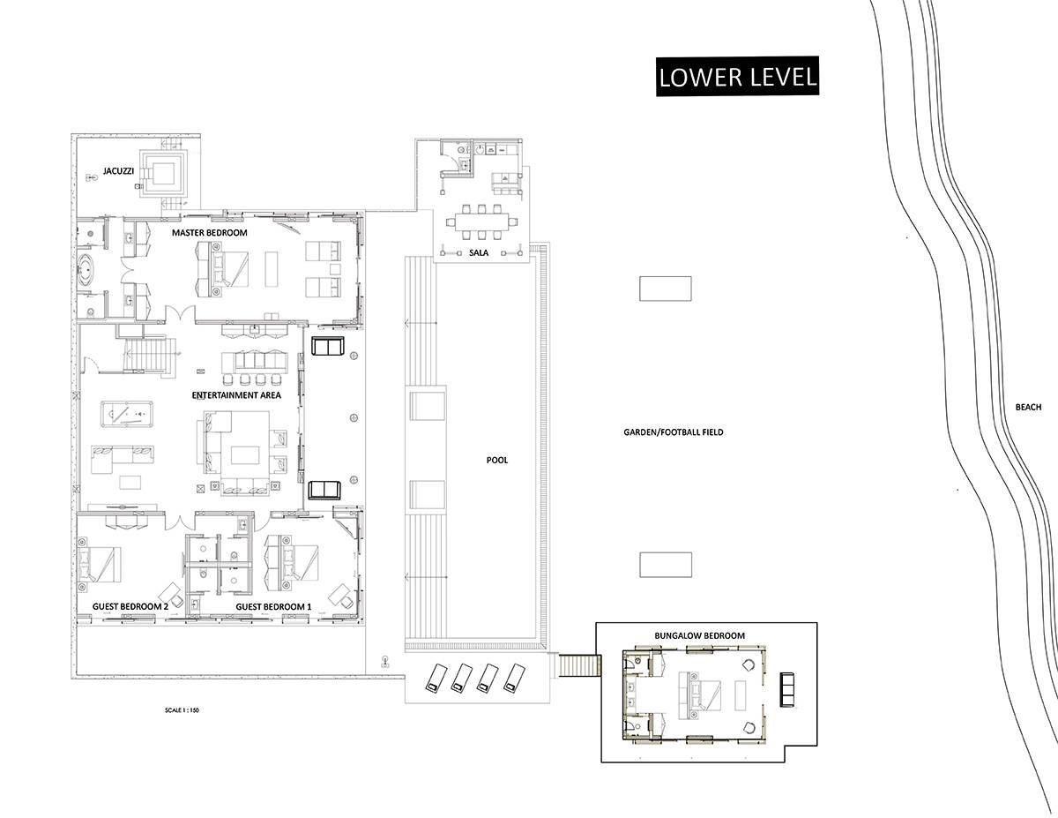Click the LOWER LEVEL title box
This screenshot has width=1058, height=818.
tap(737, 77)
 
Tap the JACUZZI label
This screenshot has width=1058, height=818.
tap(118, 171)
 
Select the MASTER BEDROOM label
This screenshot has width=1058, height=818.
tap(209, 233)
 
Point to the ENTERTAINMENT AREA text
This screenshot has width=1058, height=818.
tap(236, 395)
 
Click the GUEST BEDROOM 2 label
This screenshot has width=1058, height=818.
tap(130, 606)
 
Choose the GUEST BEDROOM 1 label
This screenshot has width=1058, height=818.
tap(273, 606)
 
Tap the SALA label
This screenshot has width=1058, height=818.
tap(479, 253)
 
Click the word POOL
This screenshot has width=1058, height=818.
tap(497, 460)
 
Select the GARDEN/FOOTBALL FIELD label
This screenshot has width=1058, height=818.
tap(674, 432)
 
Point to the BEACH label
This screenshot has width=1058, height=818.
tap(1028, 408)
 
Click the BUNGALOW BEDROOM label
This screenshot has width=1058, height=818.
tap(700, 636)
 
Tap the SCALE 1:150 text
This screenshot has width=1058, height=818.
tap(182, 710)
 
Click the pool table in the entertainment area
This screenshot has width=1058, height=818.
tap(127, 414)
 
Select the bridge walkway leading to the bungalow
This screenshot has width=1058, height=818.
tap(578, 665)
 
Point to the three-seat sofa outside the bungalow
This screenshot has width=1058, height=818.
tap(787, 690)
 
